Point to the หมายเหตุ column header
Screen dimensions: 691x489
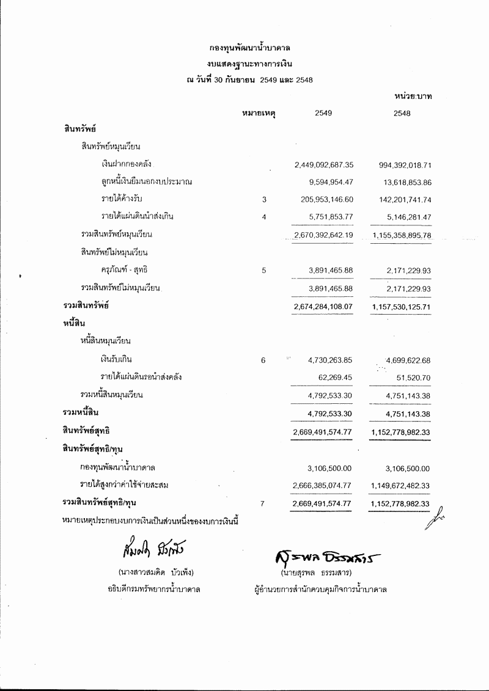click(x=259, y=113)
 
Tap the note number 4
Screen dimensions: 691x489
click(x=263, y=217)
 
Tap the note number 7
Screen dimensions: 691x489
click(x=263, y=503)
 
